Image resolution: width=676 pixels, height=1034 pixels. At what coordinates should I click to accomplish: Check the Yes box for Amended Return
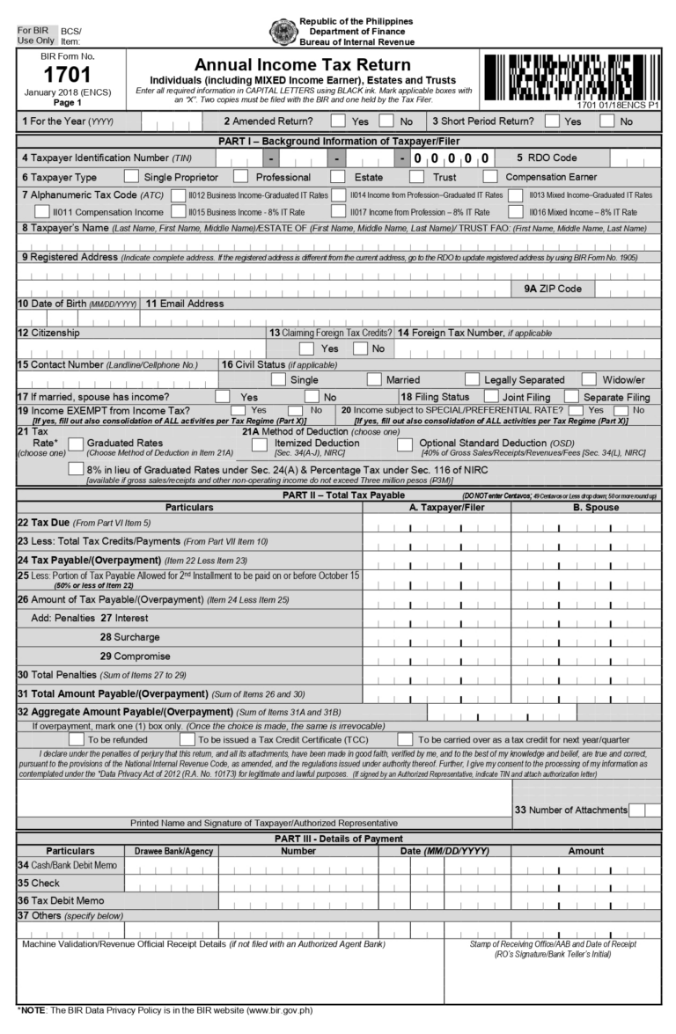(x=333, y=121)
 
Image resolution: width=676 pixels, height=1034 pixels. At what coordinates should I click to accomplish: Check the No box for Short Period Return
(x=606, y=121)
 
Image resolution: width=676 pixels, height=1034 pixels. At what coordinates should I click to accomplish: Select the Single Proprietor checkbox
(x=131, y=177)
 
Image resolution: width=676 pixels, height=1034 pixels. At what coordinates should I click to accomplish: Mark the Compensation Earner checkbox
(x=491, y=177)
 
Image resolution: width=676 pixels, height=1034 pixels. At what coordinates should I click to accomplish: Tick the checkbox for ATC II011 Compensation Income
(x=43, y=212)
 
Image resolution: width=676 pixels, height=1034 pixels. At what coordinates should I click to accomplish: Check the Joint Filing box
(x=491, y=397)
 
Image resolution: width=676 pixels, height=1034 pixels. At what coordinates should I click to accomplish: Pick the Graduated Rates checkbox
(x=76, y=444)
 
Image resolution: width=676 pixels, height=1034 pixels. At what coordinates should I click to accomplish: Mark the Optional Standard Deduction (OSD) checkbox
(x=404, y=444)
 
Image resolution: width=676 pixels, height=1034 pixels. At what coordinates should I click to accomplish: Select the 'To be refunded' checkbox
(x=76, y=738)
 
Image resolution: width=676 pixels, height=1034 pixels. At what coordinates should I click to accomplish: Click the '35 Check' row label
(x=39, y=883)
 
